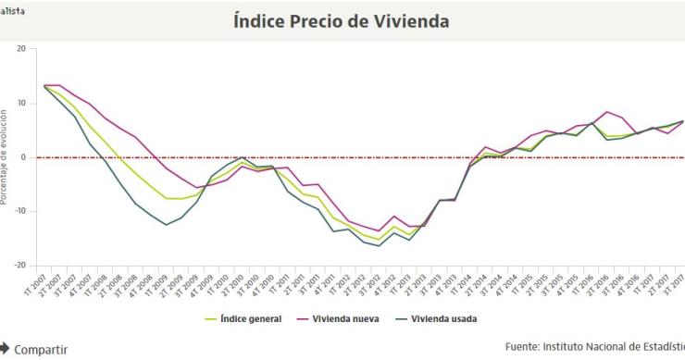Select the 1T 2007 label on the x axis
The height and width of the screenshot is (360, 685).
pos(37,285)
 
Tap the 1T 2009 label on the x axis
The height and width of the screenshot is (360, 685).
pos(159,285)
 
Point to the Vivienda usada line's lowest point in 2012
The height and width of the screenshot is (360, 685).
pos(379,245)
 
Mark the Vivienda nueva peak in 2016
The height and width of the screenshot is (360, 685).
pos(606,112)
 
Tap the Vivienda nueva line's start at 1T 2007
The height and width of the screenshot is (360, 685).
pos(44,85)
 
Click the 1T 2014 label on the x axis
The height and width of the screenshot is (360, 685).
pos(469,285)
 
